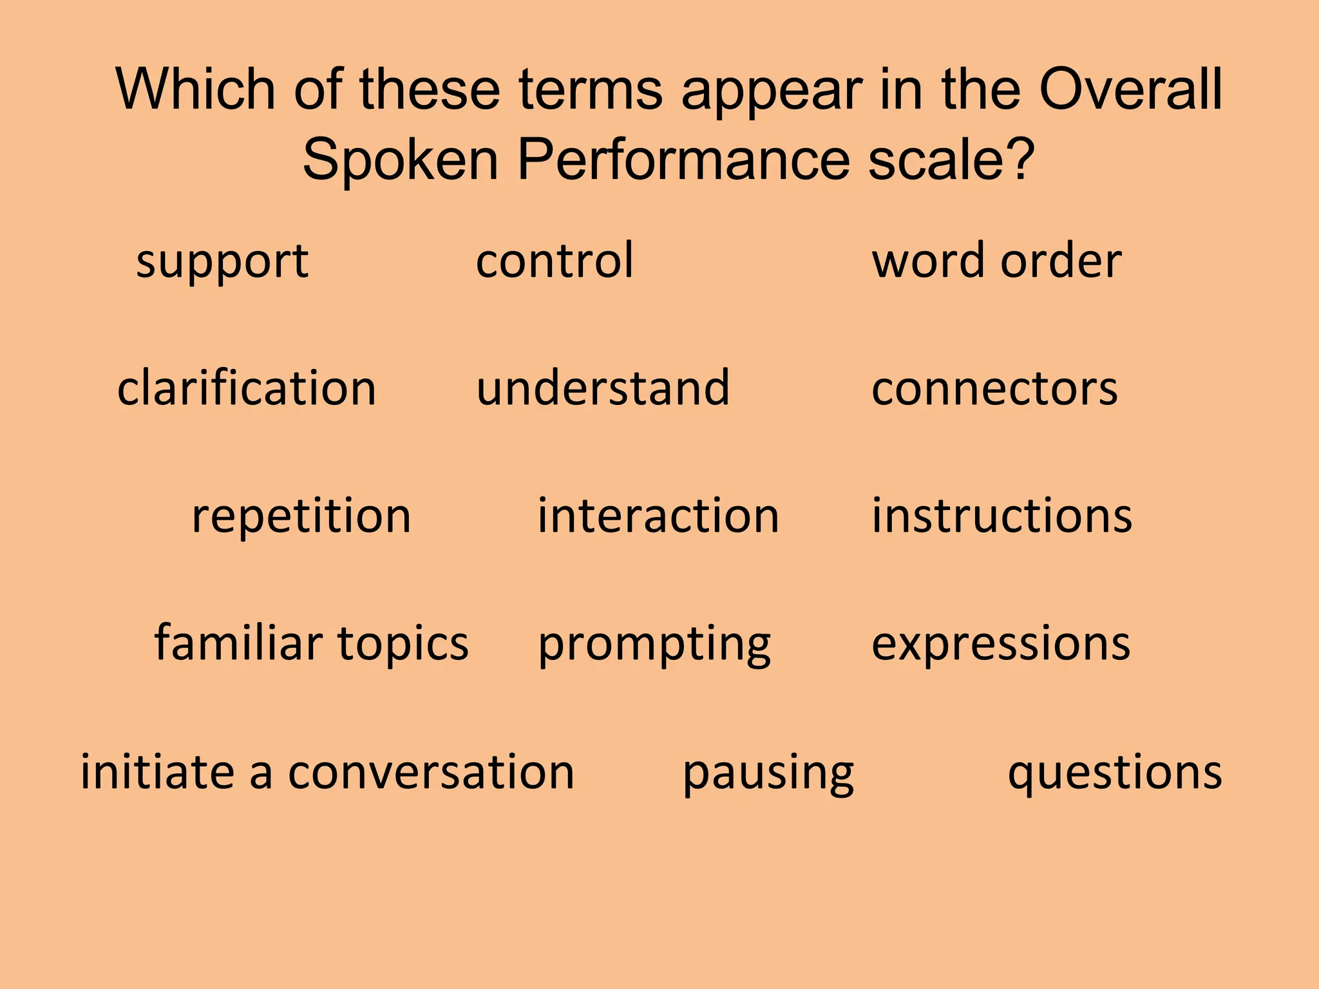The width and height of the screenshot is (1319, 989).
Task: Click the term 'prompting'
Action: tap(654, 644)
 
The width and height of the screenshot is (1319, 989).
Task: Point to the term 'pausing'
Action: tap(768, 772)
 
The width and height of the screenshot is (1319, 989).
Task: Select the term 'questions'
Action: tap(1115, 772)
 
